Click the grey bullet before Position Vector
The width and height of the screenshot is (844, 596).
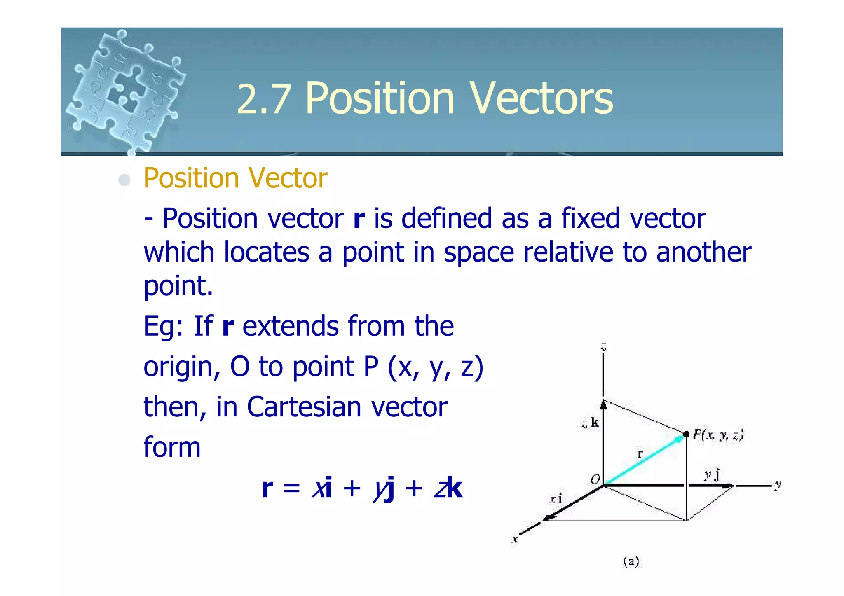[124, 180]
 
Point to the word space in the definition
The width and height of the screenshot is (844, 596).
[478, 252]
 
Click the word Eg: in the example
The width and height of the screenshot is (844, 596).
[164, 327]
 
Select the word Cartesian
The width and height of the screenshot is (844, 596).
[304, 407]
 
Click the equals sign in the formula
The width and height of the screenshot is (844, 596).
[292, 489]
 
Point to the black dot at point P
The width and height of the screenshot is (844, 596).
[686, 434]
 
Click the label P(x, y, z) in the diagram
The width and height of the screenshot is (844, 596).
[717, 435]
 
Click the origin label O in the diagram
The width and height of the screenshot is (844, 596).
[595, 479]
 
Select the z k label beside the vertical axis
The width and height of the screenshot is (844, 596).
[590, 423]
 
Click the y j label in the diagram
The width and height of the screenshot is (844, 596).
[712, 475]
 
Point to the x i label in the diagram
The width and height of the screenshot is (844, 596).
[556, 499]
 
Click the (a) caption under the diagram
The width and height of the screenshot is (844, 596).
[631, 561]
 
